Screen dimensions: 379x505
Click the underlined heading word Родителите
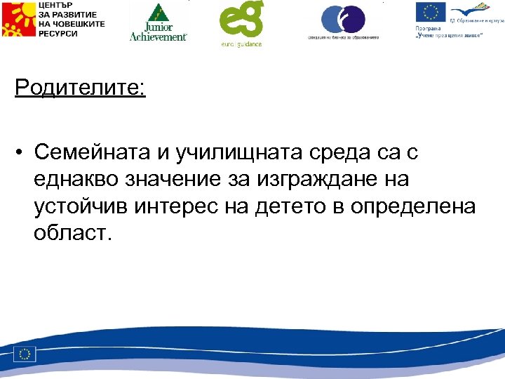pyautogui.click(x=79, y=89)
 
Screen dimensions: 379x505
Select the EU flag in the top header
pyautogui.click(x=430, y=13)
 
